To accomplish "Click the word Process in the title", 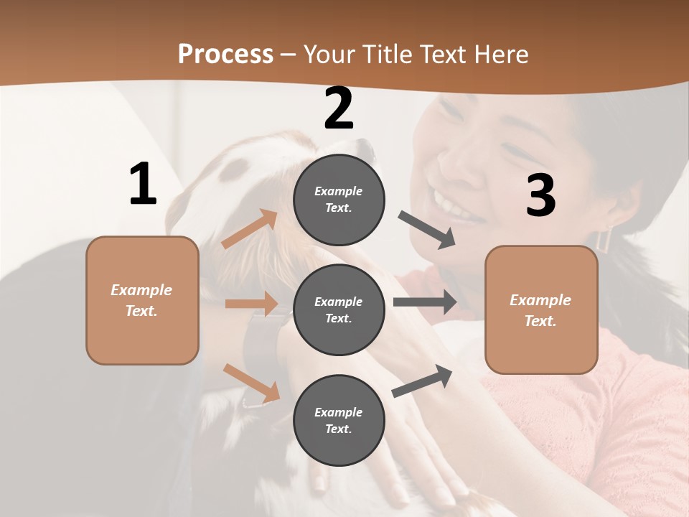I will (x=225, y=54).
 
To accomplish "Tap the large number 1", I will (x=143, y=184).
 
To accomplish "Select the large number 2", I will (x=339, y=108).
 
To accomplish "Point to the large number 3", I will (x=540, y=195).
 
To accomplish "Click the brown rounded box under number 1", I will (x=142, y=300).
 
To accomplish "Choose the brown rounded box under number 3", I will (x=541, y=309).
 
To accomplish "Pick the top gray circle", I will (x=339, y=199).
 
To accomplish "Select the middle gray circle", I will (x=339, y=309).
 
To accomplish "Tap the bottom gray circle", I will (x=339, y=420).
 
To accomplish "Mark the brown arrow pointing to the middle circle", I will (x=251, y=304).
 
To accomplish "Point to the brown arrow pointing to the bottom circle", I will (x=251, y=383).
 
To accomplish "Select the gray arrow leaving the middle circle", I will (x=424, y=302).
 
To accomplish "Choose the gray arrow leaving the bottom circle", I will (x=423, y=381).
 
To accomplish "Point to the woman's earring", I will (x=602, y=239).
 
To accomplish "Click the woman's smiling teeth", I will (x=452, y=205).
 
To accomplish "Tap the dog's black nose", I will (x=367, y=148).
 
